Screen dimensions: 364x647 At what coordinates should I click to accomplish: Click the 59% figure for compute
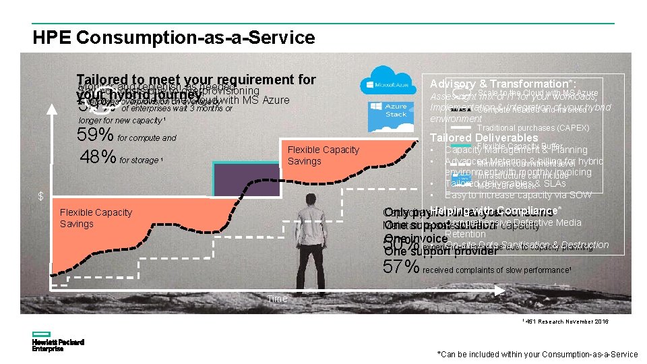[x=96, y=134]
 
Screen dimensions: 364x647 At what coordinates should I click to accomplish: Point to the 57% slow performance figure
[x=402, y=267]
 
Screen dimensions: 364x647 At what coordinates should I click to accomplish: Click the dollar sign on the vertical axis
[x=40, y=196]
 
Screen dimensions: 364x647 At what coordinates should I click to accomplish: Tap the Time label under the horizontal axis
[x=277, y=299]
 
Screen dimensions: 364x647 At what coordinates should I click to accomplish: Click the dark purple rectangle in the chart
[x=246, y=179]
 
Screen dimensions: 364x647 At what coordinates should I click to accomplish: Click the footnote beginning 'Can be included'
[x=537, y=355]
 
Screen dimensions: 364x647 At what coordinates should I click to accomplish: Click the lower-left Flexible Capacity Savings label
[x=96, y=218]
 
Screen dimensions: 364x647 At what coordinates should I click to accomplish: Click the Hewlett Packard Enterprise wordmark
[x=58, y=345]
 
